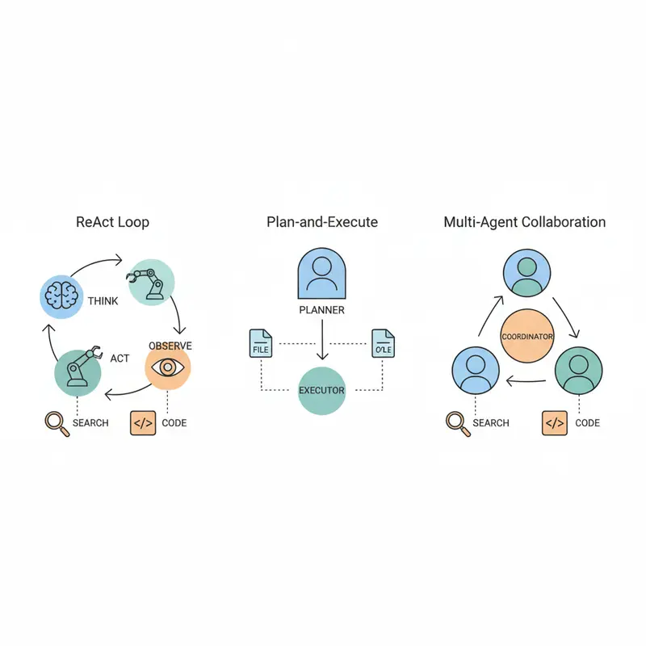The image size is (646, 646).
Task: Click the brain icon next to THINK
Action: [61, 296]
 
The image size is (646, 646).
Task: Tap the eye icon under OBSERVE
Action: [168, 367]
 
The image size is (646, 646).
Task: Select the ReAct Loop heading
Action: [112, 222]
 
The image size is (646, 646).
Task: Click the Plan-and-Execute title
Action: [322, 222]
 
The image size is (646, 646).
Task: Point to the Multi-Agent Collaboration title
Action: [525, 222]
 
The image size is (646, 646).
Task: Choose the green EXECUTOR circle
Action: [322, 390]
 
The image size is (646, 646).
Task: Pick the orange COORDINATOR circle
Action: [526, 335]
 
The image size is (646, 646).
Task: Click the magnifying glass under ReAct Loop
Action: [54, 422]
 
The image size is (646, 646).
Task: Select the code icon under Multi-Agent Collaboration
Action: [555, 422]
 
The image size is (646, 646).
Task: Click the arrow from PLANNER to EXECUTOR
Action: [322, 339]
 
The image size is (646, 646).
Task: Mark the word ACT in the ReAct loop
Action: [120, 359]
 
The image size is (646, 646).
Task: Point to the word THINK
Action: [103, 301]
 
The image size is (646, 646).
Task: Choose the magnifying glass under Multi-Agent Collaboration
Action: [457, 422]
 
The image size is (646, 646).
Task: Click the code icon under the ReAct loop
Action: [143, 422]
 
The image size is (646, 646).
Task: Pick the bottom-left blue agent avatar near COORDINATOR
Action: [474, 373]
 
